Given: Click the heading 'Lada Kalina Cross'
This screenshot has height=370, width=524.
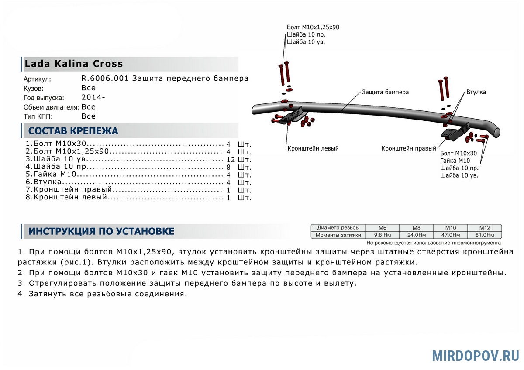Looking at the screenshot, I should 74,64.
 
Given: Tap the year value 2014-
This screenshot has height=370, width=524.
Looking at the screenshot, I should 93,97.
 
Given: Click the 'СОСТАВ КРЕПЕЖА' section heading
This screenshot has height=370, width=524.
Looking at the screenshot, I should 73,131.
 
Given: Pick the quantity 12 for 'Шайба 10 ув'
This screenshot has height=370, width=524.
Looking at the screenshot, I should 231,160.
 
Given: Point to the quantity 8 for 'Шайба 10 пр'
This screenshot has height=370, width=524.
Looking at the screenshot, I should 228,167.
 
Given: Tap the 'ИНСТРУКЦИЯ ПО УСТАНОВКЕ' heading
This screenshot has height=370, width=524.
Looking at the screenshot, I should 101,231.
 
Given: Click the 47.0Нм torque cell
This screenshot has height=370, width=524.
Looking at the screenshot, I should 450,235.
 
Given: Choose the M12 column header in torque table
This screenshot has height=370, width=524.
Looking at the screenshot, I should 485,228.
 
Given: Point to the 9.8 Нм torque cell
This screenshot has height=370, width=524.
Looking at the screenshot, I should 382,235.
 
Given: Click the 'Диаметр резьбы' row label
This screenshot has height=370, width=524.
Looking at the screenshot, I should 338,228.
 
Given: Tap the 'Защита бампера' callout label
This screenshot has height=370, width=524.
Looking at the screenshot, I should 385,92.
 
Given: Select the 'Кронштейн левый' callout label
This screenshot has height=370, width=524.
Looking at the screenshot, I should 313,148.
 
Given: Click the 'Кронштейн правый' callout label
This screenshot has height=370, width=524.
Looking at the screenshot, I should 409,148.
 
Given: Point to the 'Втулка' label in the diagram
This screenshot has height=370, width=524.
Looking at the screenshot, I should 476,92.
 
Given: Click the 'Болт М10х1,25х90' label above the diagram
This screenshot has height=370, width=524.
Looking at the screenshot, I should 313,27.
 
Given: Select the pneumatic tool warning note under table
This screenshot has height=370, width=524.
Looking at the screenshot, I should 434,243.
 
